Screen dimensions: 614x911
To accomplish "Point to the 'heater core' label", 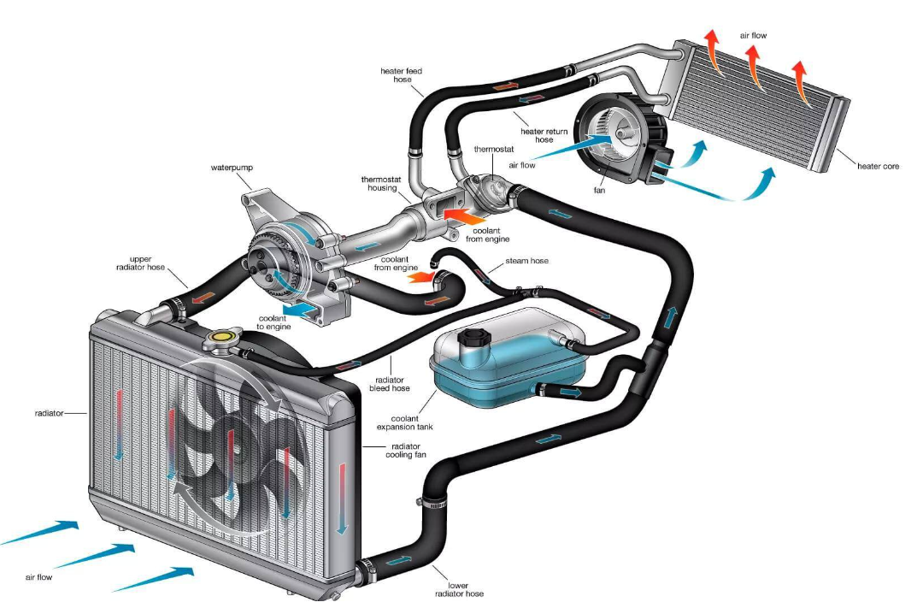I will point(878,166).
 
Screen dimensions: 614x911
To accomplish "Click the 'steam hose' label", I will point(527,261).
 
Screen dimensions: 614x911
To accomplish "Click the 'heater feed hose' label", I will point(402,75).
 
